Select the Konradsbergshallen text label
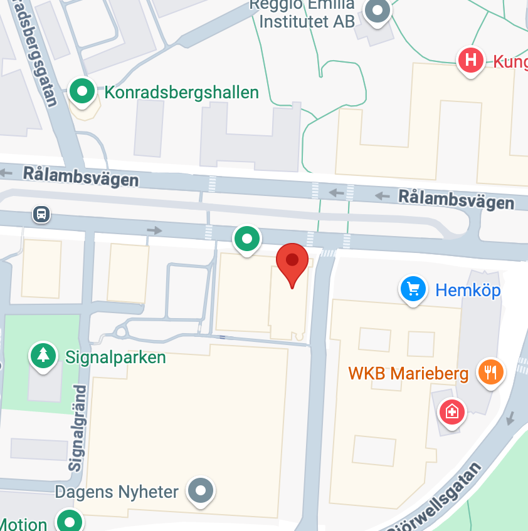pyautogui.click(x=182, y=93)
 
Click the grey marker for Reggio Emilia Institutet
pyautogui.click(x=378, y=11)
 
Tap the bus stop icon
pyautogui.click(x=41, y=215)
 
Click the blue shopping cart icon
pyautogui.click(x=413, y=289)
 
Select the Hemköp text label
pyautogui.click(x=468, y=290)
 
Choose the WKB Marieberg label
pyautogui.click(x=408, y=374)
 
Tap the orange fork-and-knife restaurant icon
pyautogui.click(x=490, y=372)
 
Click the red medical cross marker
pyautogui.click(x=451, y=412)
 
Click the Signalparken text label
pyautogui.click(x=116, y=358)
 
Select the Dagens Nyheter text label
pyautogui.click(x=117, y=492)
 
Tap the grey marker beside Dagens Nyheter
pyautogui.click(x=201, y=490)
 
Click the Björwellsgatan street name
pyautogui.click(x=439, y=501)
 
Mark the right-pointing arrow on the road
pyautogui.click(x=154, y=230)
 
